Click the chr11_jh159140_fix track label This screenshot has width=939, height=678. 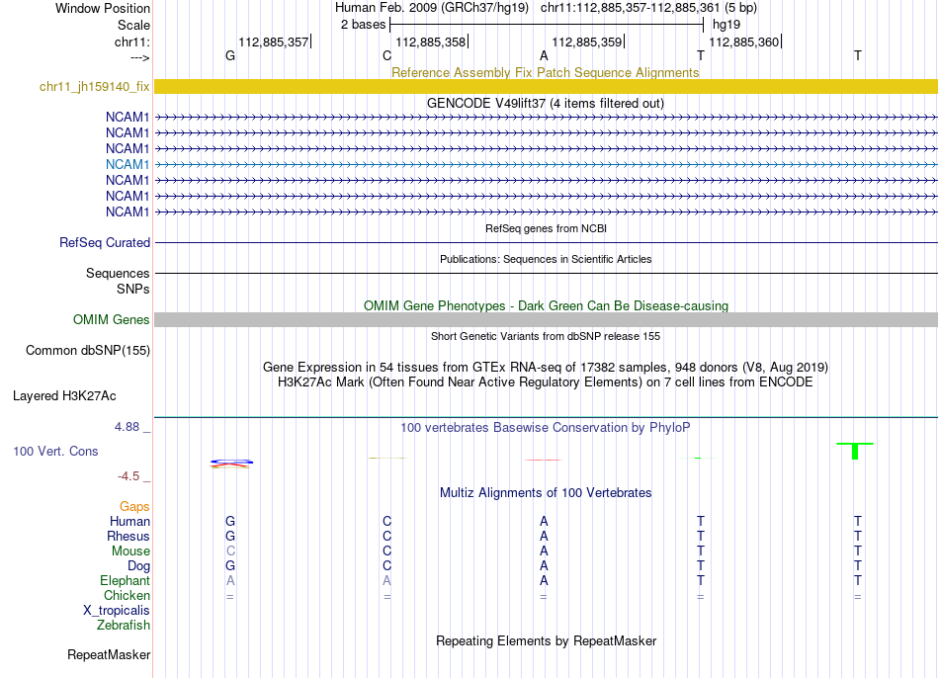tap(94, 87)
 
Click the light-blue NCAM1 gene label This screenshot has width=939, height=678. tap(128, 164)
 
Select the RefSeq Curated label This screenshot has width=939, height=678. tap(105, 242)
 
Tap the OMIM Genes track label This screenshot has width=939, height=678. tap(111, 319)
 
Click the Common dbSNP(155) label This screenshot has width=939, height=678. tap(88, 350)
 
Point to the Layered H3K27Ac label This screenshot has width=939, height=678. tap(64, 396)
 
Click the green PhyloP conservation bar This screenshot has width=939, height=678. tap(855, 450)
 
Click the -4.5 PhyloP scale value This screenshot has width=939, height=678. tap(128, 476)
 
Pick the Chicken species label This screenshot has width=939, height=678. tap(127, 596)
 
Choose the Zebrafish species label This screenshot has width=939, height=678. tap(124, 626)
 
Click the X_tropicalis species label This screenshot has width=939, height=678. tap(117, 611)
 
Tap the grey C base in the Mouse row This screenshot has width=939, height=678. tap(230, 551)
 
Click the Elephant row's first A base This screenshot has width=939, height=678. tap(230, 581)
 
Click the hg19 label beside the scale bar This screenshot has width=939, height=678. tap(726, 24)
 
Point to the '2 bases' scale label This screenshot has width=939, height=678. tap(362, 24)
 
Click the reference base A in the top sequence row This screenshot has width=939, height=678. tap(544, 55)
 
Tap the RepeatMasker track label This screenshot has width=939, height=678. tap(109, 654)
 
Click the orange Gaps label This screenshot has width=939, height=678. tap(134, 506)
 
